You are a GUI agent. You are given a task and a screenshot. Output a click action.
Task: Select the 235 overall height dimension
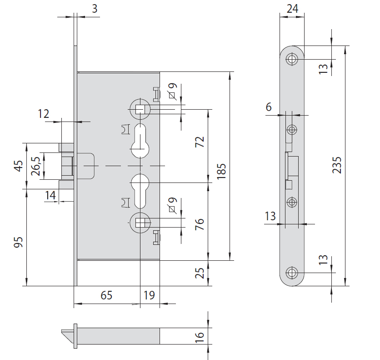337,165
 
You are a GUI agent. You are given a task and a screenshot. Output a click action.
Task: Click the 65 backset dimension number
106,295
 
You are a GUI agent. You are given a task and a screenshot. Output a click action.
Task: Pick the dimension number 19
149,295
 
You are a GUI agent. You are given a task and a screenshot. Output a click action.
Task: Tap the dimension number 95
18,241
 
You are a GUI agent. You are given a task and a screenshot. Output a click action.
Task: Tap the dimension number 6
269,107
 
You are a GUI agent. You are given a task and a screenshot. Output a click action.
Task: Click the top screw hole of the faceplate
291,59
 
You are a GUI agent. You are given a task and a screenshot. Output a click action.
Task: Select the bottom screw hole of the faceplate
291,273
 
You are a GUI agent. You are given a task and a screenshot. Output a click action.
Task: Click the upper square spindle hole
140,109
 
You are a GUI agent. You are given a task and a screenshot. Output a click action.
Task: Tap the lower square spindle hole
140,222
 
